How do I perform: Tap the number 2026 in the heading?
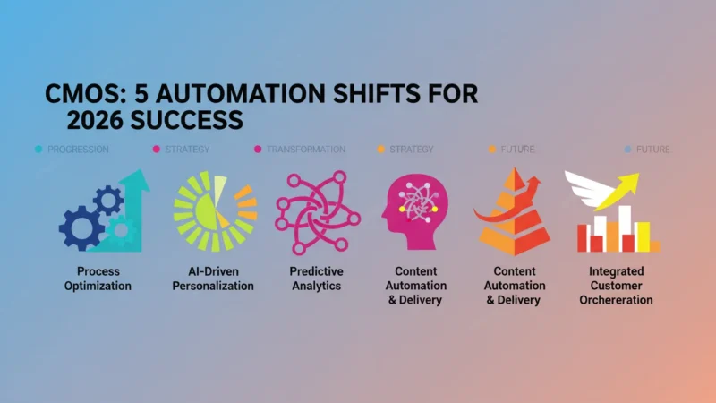pyautogui.click(x=95, y=121)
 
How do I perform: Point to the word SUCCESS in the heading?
pyautogui.click(x=186, y=121)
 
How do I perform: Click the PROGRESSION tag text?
pyautogui.click(x=78, y=150)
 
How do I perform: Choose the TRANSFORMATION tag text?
pyautogui.click(x=306, y=150)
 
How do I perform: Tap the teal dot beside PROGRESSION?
pyautogui.click(x=38, y=149)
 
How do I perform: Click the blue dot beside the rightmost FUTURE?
pyautogui.click(x=628, y=149)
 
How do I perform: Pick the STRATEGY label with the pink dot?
pyautogui.click(x=187, y=150)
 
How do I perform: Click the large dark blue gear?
pyautogui.click(x=82, y=228)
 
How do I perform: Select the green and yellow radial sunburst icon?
pyautogui.click(x=215, y=211)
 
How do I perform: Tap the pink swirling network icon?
pyautogui.click(x=318, y=212)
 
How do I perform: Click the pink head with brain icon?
pyautogui.click(x=415, y=211)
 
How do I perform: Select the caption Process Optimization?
pyautogui.click(x=98, y=279)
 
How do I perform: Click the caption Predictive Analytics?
pyautogui.click(x=317, y=279)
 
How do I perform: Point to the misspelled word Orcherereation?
pyautogui.click(x=616, y=300)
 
